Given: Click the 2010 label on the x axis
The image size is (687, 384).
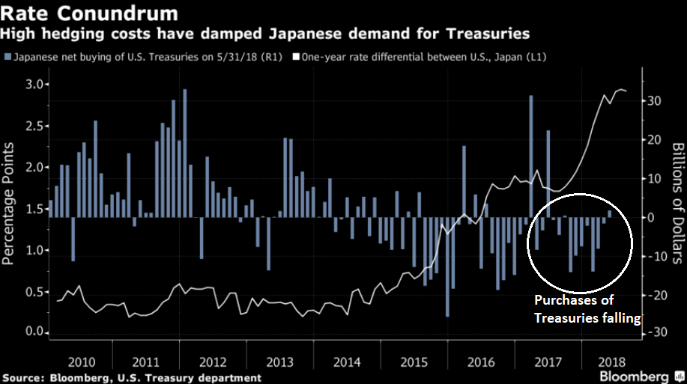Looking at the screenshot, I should [80, 362].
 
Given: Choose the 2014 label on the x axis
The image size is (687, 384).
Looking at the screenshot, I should [348, 362].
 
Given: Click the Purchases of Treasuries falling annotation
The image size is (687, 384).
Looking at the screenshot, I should [587, 309].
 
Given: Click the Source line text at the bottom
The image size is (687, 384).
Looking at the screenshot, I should [131, 377].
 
